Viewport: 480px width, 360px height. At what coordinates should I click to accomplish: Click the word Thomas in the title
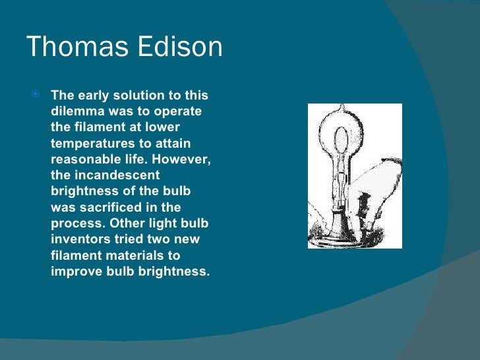click(x=73, y=47)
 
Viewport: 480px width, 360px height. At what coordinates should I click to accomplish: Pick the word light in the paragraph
click(x=164, y=223)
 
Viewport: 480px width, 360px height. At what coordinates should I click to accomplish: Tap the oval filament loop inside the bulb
click(x=341, y=142)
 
